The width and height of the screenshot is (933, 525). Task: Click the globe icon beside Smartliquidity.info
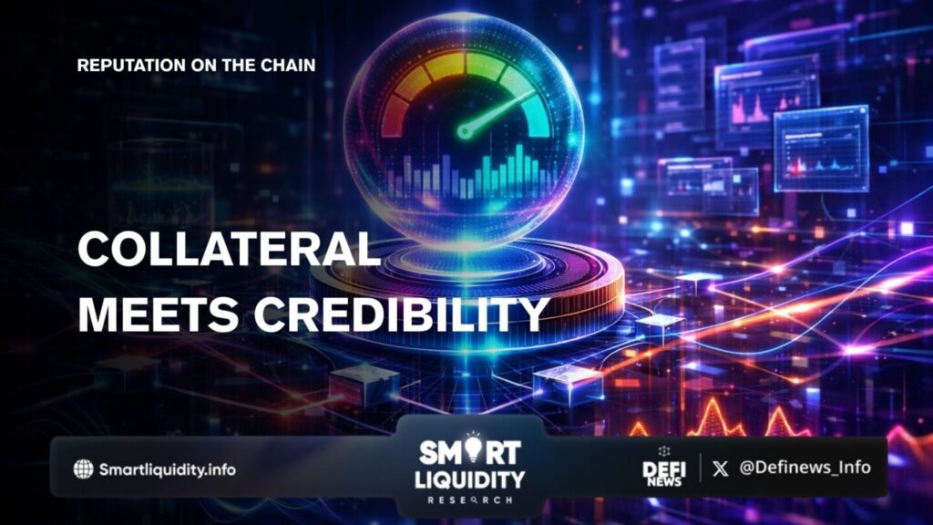point(83,469)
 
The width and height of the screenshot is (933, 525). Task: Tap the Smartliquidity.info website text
point(168,469)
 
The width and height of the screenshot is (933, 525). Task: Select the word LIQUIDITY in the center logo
point(470,479)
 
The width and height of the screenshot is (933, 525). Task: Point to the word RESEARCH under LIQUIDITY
point(470,500)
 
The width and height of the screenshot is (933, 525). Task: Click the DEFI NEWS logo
point(664,468)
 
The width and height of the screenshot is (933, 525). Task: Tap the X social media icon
point(720,468)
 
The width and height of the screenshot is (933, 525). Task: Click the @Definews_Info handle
point(805,468)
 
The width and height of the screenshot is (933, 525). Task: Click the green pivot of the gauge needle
point(465,131)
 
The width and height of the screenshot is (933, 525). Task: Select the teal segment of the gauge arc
point(533,113)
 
